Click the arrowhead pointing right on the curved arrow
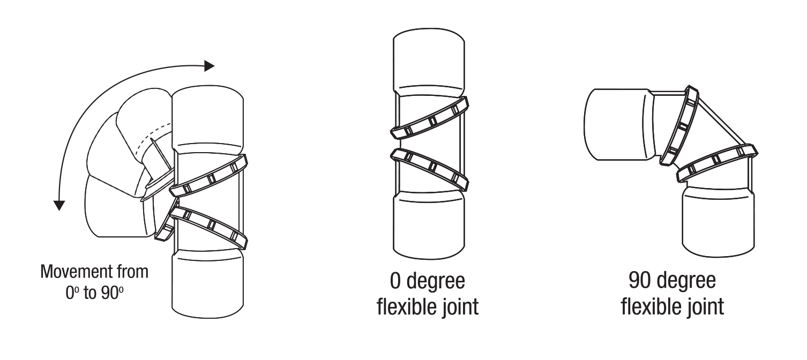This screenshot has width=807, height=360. click(x=209, y=66)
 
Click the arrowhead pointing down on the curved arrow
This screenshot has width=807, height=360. click(x=59, y=205)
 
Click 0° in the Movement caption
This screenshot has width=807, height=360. click(x=72, y=293)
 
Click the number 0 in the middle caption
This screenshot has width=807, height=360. click(x=395, y=281)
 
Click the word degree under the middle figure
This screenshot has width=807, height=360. click(x=436, y=282)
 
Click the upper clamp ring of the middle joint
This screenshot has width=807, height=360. click(x=429, y=118)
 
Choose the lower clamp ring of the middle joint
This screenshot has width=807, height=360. click(x=429, y=169)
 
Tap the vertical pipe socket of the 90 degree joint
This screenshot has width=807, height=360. click(x=719, y=220)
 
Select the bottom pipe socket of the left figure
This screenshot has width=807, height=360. click(x=207, y=284)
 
